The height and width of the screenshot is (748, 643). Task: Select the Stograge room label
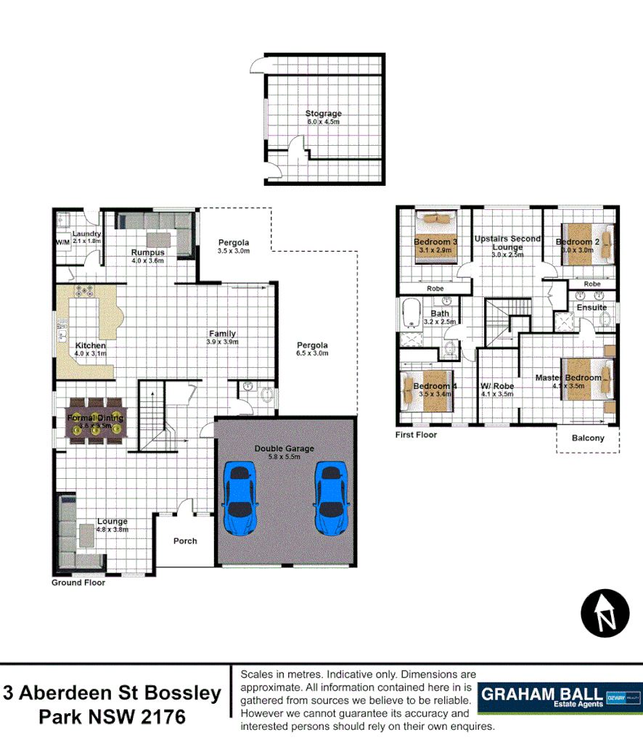[x=323, y=114]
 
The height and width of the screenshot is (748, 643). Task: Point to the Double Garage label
[x=284, y=448]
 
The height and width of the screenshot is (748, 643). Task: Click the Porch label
[x=185, y=541]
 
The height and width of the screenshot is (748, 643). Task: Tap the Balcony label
[x=588, y=438]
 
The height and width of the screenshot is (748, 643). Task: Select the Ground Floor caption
[x=78, y=583]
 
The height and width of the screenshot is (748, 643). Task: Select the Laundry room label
[x=86, y=234]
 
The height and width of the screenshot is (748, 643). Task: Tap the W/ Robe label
[x=496, y=386]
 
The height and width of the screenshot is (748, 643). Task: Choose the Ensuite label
[x=592, y=308]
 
